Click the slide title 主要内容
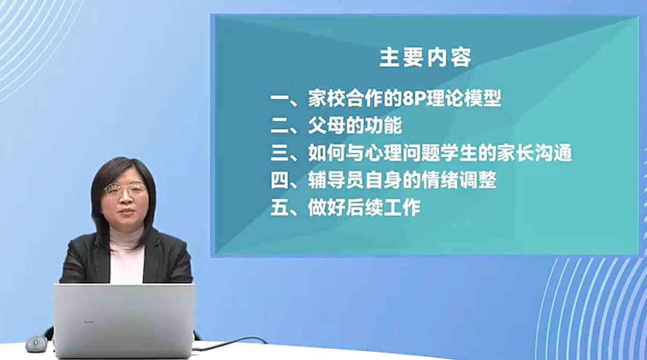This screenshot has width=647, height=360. pos(425,57)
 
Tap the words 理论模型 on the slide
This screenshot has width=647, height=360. pos(464,99)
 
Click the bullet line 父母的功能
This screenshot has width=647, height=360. pos(336,126)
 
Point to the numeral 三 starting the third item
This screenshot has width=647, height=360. pos(279,153)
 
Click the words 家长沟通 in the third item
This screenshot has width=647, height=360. pos(535,152)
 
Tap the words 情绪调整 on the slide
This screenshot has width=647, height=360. pos(459,180)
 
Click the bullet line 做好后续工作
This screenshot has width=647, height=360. pos(346,208)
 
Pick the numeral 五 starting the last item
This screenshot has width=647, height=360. pos(279,208)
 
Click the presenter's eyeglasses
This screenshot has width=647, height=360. pos(125,189)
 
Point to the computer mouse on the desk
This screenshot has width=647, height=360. pos(36,344)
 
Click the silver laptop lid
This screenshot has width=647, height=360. pos(123,320)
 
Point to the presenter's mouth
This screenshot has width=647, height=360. pos(126,212)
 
